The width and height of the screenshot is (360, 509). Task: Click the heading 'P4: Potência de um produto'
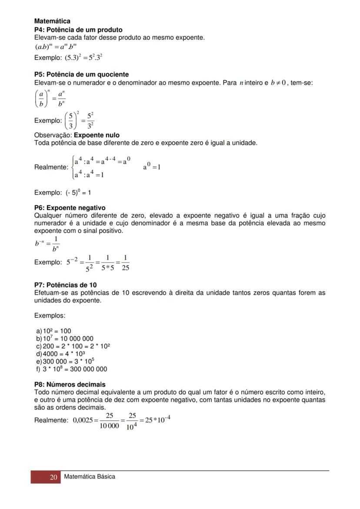tap(78, 30)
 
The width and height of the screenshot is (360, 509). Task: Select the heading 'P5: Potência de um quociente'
tap(81, 75)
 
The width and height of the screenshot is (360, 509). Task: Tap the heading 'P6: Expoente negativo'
tap(70, 208)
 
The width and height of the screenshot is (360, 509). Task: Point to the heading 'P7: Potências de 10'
tap(65, 286)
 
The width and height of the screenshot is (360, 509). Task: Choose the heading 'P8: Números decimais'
tap(70, 385)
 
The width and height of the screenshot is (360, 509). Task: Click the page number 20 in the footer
tap(53, 477)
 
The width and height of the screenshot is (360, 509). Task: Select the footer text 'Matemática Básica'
tap(90, 477)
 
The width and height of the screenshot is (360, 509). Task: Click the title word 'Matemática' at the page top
tap(52, 21)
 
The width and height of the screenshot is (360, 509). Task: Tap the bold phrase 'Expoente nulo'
tap(97, 135)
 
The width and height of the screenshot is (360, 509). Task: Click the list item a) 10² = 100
tap(54, 331)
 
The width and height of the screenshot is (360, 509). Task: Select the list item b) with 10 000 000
tap(65, 339)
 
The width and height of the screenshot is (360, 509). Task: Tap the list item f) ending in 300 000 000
tap(72, 369)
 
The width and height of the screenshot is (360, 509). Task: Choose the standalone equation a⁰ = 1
tap(152, 167)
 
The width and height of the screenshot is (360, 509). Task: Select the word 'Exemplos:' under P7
tap(50, 316)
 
